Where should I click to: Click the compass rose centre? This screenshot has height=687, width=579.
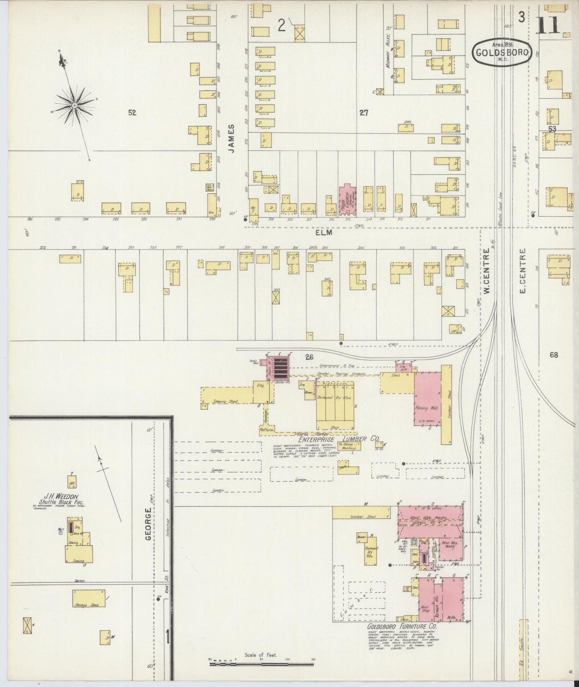click(x=75, y=105)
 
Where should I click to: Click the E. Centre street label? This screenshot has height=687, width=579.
click(x=522, y=271)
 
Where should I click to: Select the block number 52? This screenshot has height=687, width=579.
click(x=132, y=113)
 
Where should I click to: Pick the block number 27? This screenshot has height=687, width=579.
click(x=363, y=113)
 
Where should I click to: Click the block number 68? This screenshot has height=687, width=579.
click(x=554, y=355)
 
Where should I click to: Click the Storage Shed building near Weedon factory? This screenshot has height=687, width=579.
click(x=89, y=598)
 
